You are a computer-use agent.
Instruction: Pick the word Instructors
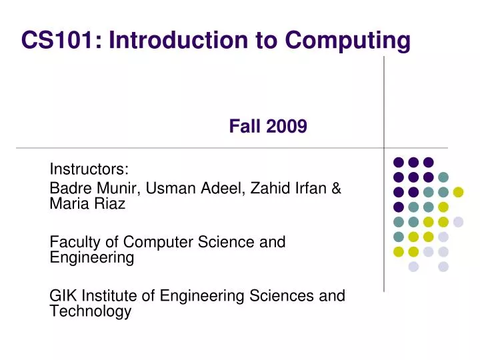coord(89,169)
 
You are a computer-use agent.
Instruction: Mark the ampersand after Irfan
coord(336,189)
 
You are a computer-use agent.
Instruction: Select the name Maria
coord(68,205)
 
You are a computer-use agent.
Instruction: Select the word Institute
coord(115,295)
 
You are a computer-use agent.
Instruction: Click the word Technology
coord(90,311)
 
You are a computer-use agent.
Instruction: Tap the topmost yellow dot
coord(458,192)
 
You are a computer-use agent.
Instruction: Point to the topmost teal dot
coord(443,177)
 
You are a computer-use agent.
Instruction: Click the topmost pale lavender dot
coord(458,222)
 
